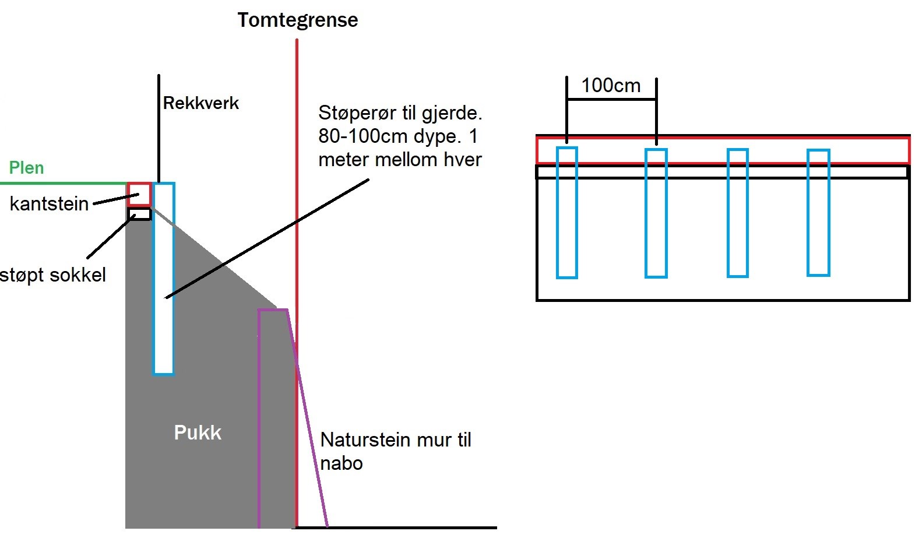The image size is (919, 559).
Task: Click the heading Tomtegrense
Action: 297,20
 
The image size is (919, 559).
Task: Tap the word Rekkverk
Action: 200,103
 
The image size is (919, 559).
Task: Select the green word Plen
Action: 26,168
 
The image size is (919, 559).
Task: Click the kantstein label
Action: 49,204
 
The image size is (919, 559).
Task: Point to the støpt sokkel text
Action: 53,275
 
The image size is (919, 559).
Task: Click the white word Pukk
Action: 198,433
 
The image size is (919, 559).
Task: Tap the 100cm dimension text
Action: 611,86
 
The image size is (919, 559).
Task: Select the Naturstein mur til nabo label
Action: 395,451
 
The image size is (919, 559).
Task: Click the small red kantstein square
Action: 139,194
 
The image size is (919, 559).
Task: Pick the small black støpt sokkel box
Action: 139,214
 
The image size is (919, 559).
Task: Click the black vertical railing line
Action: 158,128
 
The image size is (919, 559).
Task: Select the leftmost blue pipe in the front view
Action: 566,213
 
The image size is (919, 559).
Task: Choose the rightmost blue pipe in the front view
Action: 818,212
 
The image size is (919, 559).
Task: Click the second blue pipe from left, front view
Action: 656,213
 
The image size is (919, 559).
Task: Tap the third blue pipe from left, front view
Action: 737,213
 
